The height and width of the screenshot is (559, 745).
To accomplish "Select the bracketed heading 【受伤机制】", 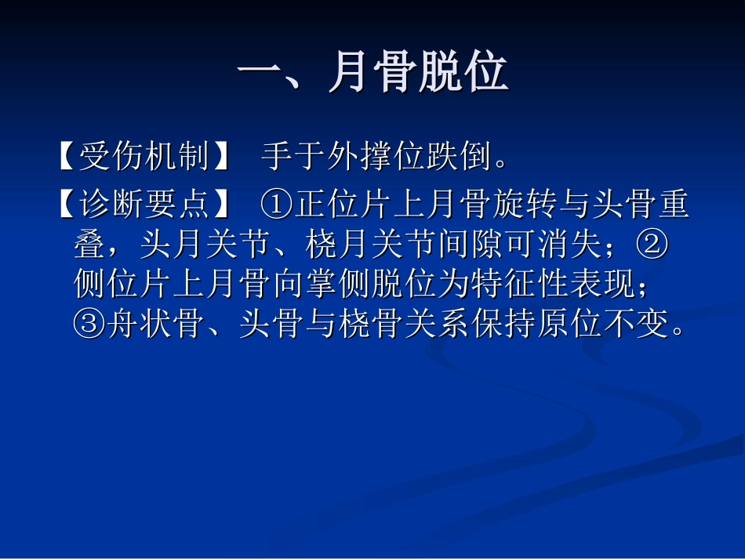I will (144, 157).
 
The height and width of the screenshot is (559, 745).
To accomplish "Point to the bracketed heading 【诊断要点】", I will (144, 205).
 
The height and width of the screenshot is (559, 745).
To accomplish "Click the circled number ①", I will (277, 205).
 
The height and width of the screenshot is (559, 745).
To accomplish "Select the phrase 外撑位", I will (376, 157).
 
